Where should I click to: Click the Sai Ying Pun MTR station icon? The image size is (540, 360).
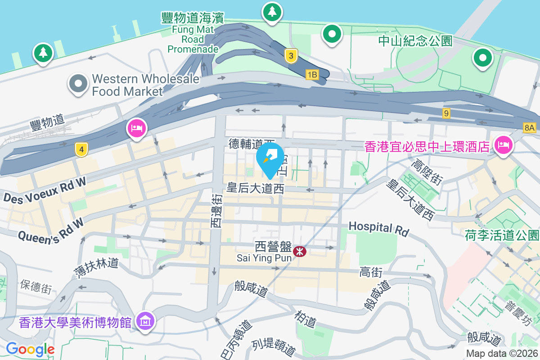pos(299,252)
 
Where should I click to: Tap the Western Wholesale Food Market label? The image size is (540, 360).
pos(145,85)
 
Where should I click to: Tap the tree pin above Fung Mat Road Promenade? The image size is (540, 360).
pos(272,12)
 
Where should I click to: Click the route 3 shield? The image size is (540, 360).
pos(292,56)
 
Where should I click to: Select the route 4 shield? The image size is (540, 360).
pos(81,149)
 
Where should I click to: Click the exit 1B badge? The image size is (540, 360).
pos(312,74)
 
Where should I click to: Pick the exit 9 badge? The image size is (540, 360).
pos(446,113)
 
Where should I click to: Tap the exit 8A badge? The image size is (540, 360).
pos(530,128)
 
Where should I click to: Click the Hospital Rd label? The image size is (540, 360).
pos(379,228)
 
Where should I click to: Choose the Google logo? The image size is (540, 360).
pos(30,349)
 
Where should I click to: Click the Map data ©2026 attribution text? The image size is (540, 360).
pos(501,353)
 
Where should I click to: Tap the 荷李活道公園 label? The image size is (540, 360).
pos(502,235)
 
